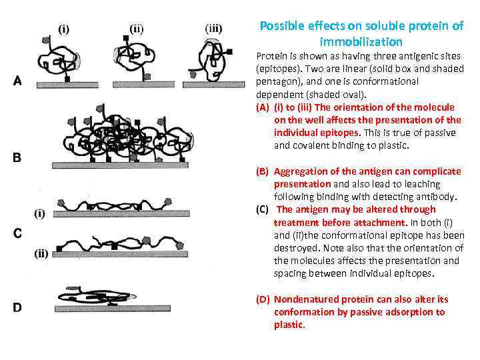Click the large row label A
click(x=17, y=81)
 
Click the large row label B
click(x=17, y=157)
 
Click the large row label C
click(x=17, y=233)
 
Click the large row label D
click(x=17, y=307)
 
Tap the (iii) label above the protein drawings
click(x=213, y=29)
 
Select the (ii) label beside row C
click(x=41, y=253)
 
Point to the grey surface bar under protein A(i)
click(x=67, y=85)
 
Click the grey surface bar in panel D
click(x=113, y=308)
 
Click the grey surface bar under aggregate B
click(x=120, y=165)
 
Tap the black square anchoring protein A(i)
click(x=67, y=79)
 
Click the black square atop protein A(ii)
click(x=126, y=38)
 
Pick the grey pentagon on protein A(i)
click(x=47, y=39)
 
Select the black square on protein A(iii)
click(x=229, y=52)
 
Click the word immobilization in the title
click(x=361, y=41)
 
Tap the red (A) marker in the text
click(x=263, y=107)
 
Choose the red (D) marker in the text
click(x=263, y=299)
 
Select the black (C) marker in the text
click(x=263, y=210)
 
